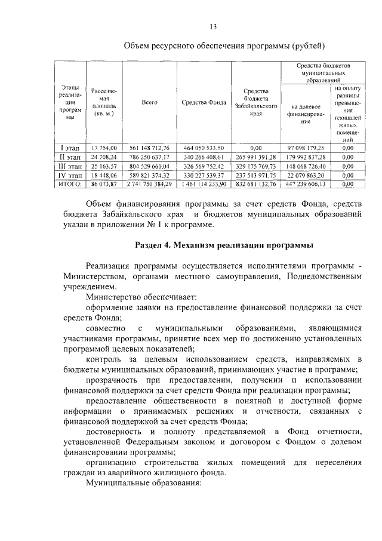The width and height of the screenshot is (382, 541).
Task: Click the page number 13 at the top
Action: pos(212,26)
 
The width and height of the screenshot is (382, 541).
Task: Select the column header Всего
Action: pos(149,102)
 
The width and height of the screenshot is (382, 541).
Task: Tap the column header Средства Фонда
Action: pos(204,102)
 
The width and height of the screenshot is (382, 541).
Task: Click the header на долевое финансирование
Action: pos(305,112)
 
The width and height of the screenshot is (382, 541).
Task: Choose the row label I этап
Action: pos(70,147)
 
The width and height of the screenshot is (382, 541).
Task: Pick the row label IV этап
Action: pos(70,175)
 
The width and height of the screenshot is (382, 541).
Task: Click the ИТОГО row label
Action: pos(70,185)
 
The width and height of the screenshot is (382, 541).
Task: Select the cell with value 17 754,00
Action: pos(105,147)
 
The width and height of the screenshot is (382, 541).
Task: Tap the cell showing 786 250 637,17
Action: pos(149,157)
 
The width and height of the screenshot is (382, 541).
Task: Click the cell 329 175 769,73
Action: pos(255,166)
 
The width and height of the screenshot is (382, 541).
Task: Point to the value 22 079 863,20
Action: pos(305,175)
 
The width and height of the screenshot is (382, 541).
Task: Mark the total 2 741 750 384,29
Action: pos(149,185)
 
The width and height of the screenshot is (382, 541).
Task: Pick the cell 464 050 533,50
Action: pos(204,147)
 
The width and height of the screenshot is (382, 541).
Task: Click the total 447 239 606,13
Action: pos(305,185)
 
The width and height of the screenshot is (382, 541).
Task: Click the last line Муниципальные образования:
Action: pos(145,482)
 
